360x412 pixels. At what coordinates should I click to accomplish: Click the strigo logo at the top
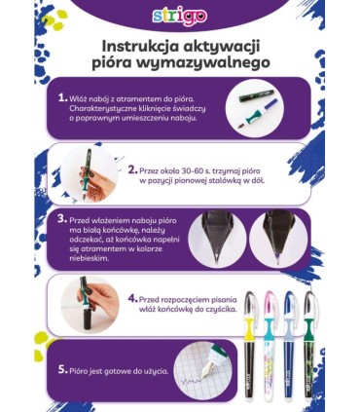coord(180,17)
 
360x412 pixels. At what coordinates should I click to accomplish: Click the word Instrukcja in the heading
coord(141,47)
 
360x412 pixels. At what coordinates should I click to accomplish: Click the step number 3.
coord(62,220)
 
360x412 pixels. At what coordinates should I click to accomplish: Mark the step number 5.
coord(63,371)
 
